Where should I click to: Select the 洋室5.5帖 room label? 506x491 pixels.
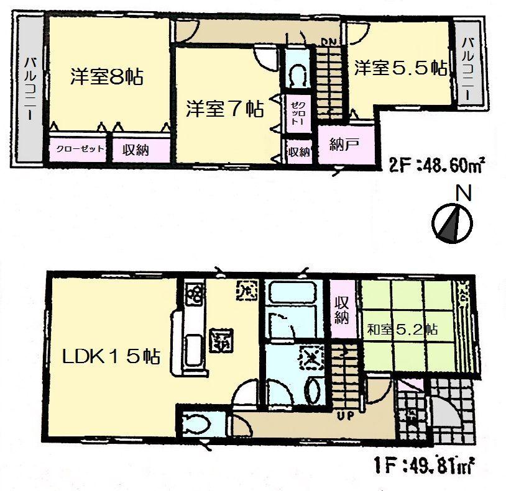(x=401, y=68)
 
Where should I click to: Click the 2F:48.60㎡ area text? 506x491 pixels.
(x=437, y=166)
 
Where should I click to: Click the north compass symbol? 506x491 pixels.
(x=453, y=223)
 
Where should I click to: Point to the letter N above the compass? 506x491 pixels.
(x=462, y=194)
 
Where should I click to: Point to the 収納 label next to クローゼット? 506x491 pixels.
(x=134, y=149)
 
